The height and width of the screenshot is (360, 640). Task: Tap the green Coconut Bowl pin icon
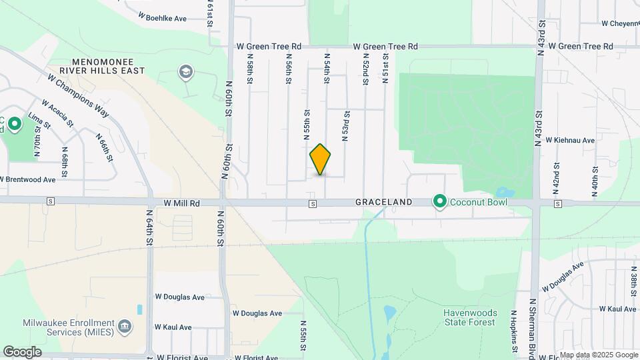pos(440,201)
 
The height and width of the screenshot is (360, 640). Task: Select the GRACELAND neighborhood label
pos(383,201)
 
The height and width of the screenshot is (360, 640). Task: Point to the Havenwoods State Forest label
pos(469,317)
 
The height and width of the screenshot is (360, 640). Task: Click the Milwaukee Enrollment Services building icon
pos(125,327)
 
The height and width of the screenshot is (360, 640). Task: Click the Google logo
pos(21,352)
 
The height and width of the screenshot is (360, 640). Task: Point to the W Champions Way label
pos(78,95)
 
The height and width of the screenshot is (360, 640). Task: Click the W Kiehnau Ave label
pos(571,140)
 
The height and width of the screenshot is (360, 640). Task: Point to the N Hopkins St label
pos(514,331)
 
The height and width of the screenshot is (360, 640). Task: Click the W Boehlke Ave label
pos(162,19)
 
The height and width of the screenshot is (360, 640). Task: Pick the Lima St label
pos(35,120)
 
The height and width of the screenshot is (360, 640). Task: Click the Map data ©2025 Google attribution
pos(598,355)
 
